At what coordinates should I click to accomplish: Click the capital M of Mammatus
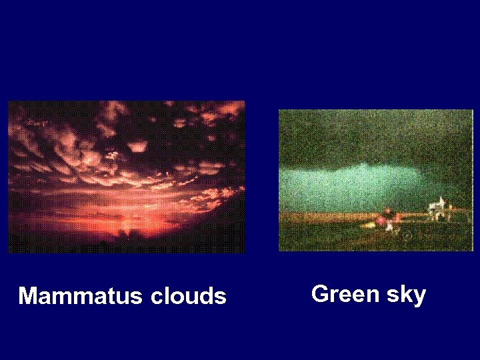pyautogui.click(x=28, y=296)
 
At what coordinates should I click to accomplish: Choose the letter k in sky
pyautogui.click(x=405, y=293)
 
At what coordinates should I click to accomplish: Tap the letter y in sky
pyautogui.click(x=419, y=296)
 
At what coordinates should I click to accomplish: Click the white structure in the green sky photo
pyautogui.click(x=439, y=207)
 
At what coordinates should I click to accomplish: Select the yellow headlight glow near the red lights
pyautogui.click(x=371, y=226)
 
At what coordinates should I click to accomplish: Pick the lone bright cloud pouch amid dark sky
pyautogui.click(x=137, y=145)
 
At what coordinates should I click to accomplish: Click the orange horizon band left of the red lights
pyautogui.click(x=320, y=217)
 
